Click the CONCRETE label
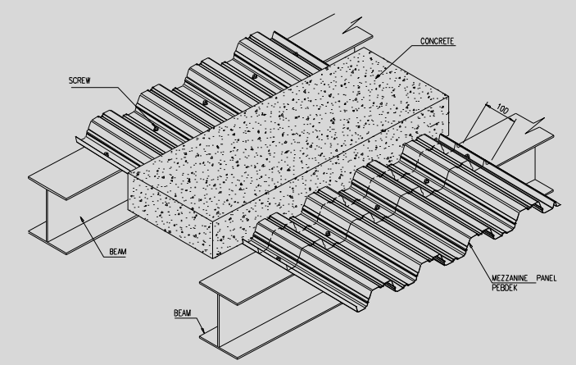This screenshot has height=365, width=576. point(437,41)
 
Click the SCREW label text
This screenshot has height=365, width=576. point(79,80)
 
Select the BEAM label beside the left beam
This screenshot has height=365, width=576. point(117,252)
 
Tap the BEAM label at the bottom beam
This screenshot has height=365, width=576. point(182,313)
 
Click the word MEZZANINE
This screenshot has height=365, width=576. point(510,278)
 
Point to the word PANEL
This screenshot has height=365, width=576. point(547,278)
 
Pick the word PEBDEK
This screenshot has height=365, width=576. point(505,287)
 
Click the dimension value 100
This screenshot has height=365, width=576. point(502,109)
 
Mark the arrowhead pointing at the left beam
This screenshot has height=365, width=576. point(83,220)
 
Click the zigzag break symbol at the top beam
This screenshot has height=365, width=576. point(352,25)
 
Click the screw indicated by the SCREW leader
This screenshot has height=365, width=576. point(156,129)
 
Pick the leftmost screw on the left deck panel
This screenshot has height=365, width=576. point(107,154)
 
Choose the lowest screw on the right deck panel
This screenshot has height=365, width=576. point(278,259)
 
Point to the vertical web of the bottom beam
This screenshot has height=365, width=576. point(219,321)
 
